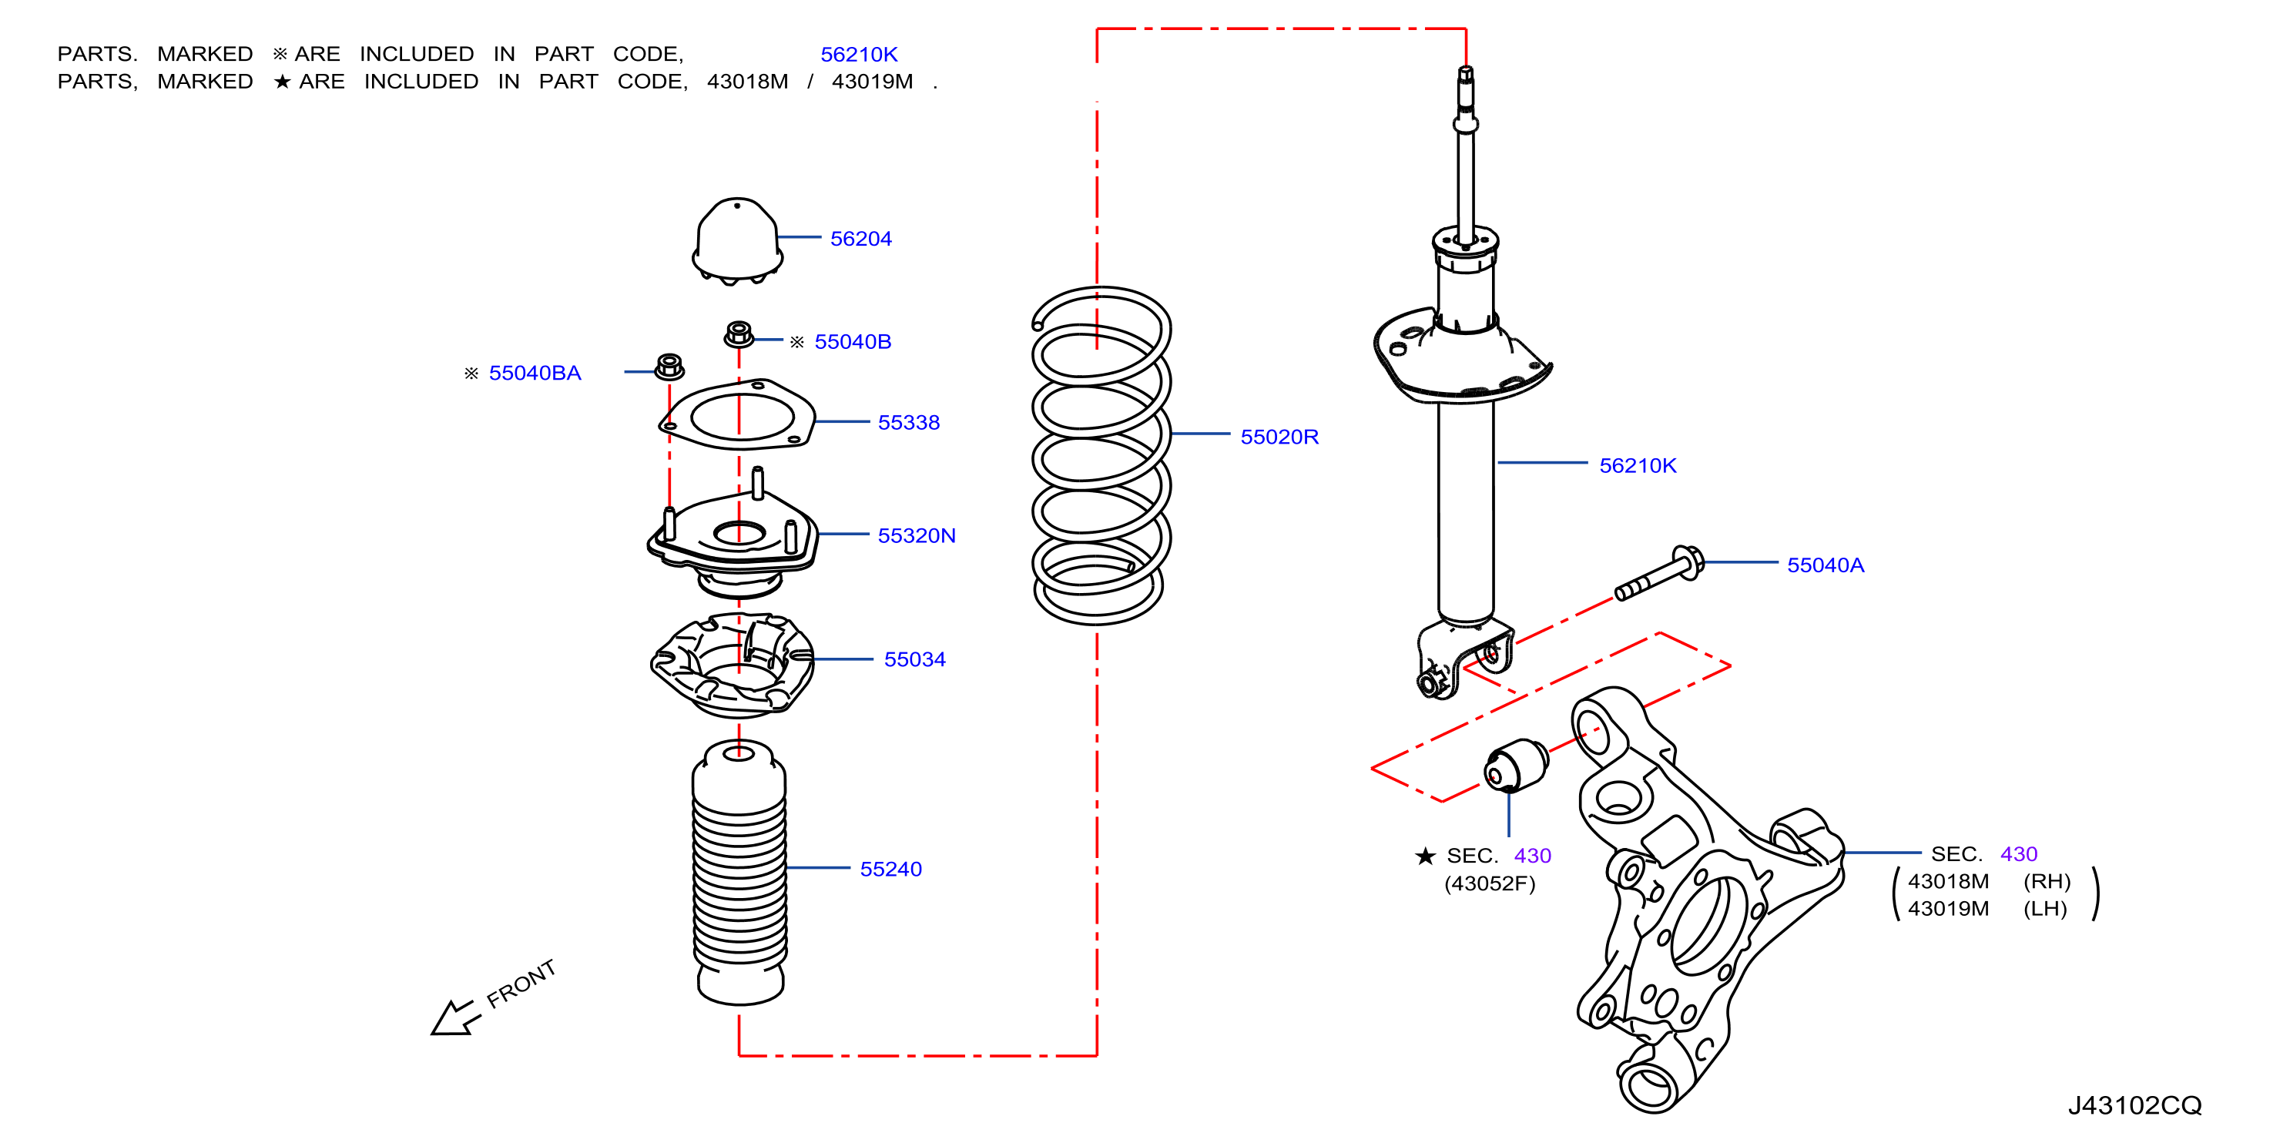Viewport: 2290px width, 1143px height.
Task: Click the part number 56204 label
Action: [x=860, y=238]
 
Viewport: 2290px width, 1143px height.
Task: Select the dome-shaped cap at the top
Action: [x=737, y=240]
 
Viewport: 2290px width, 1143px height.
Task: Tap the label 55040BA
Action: [x=535, y=373]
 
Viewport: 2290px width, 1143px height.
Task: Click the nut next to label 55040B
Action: [x=739, y=335]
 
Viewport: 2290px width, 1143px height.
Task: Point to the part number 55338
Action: [x=909, y=422]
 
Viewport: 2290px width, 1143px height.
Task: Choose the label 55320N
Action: [x=917, y=535]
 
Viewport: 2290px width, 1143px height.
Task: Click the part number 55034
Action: [x=915, y=659]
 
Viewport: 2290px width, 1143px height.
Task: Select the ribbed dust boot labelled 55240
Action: [x=739, y=872]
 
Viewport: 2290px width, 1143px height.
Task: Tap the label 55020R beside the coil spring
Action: [x=1279, y=437]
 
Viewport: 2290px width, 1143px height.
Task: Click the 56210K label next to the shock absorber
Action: [x=1638, y=465]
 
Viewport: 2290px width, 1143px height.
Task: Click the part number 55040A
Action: [x=1825, y=565]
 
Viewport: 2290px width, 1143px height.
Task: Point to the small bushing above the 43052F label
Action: [x=1516, y=764]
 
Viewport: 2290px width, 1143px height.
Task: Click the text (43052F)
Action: [x=1490, y=883]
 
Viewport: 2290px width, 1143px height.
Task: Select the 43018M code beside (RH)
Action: [x=1948, y=881]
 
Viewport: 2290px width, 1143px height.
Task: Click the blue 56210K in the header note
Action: [x=859, y=54]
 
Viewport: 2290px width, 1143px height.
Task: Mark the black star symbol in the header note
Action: [x=282, y=82]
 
